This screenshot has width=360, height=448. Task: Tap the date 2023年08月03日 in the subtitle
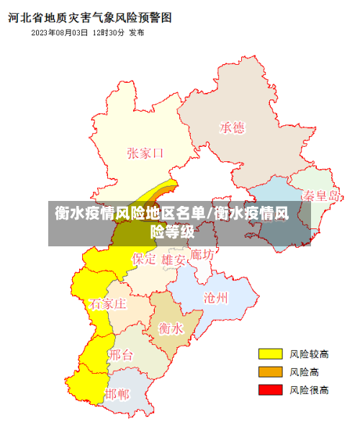click(60, 33)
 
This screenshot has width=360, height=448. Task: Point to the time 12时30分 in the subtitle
click(108, 33)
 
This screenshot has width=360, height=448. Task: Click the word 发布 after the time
click(136, 33)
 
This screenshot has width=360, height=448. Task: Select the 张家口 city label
click(145, 153)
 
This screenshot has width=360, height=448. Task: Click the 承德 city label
click(232, 127)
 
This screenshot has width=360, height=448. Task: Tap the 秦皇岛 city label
click(320, 195)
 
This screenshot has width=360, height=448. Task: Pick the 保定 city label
click(143, 258)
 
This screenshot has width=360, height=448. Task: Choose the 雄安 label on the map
click(174, 259)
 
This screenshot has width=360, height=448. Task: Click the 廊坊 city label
click(201, 255)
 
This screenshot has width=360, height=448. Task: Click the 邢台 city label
click(121, 354)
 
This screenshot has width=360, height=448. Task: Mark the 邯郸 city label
click(117, 394)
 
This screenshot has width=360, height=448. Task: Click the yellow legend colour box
click(270, 354)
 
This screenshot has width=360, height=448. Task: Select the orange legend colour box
click(270, 372)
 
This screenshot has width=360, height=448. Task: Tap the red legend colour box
click(270, 390)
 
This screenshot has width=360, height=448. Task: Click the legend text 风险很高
click(309, 390)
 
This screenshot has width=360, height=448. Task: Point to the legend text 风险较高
click(309, 354)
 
